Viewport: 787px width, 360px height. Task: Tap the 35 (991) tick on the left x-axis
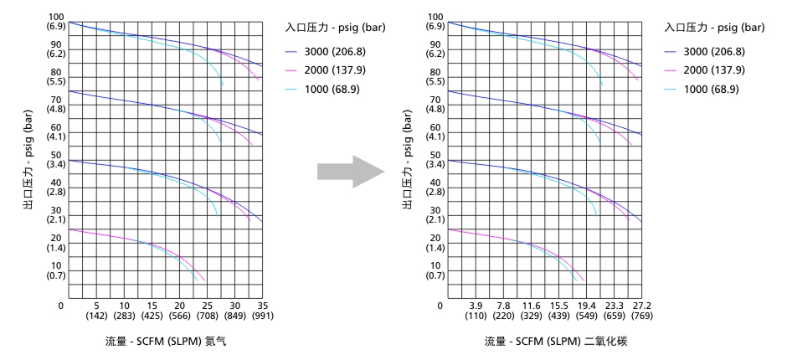(261, 311)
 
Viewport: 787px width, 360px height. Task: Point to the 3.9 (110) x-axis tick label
(476, 311)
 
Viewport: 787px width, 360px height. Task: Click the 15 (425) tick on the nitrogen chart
(152, 311)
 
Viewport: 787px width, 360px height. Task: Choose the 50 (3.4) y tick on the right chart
(435, 159)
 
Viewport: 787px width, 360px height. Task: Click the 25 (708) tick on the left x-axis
(206, 311)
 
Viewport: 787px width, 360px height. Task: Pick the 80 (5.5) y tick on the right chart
(435, 77)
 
